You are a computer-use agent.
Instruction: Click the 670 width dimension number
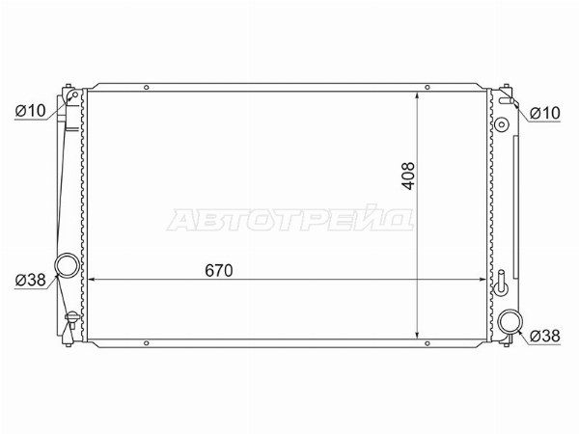pyautogui.click(x=219, y=270)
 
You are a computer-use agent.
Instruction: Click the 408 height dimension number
pyautogui.click(x=409, y=176)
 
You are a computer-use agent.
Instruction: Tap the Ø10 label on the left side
pyautogui.click(x=30, y=110)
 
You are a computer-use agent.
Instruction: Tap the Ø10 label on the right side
pyautogui.click(x=544, y=113)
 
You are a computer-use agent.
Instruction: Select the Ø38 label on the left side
pyautogui.click(x=30, y=280)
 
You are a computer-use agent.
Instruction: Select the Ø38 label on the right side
pyautogui.click(x=544, y=336)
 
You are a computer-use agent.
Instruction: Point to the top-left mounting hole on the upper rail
pyautogui.click(x=147, y=88)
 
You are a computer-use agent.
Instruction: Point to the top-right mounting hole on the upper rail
pyautogui.click(x=427, y=88)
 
